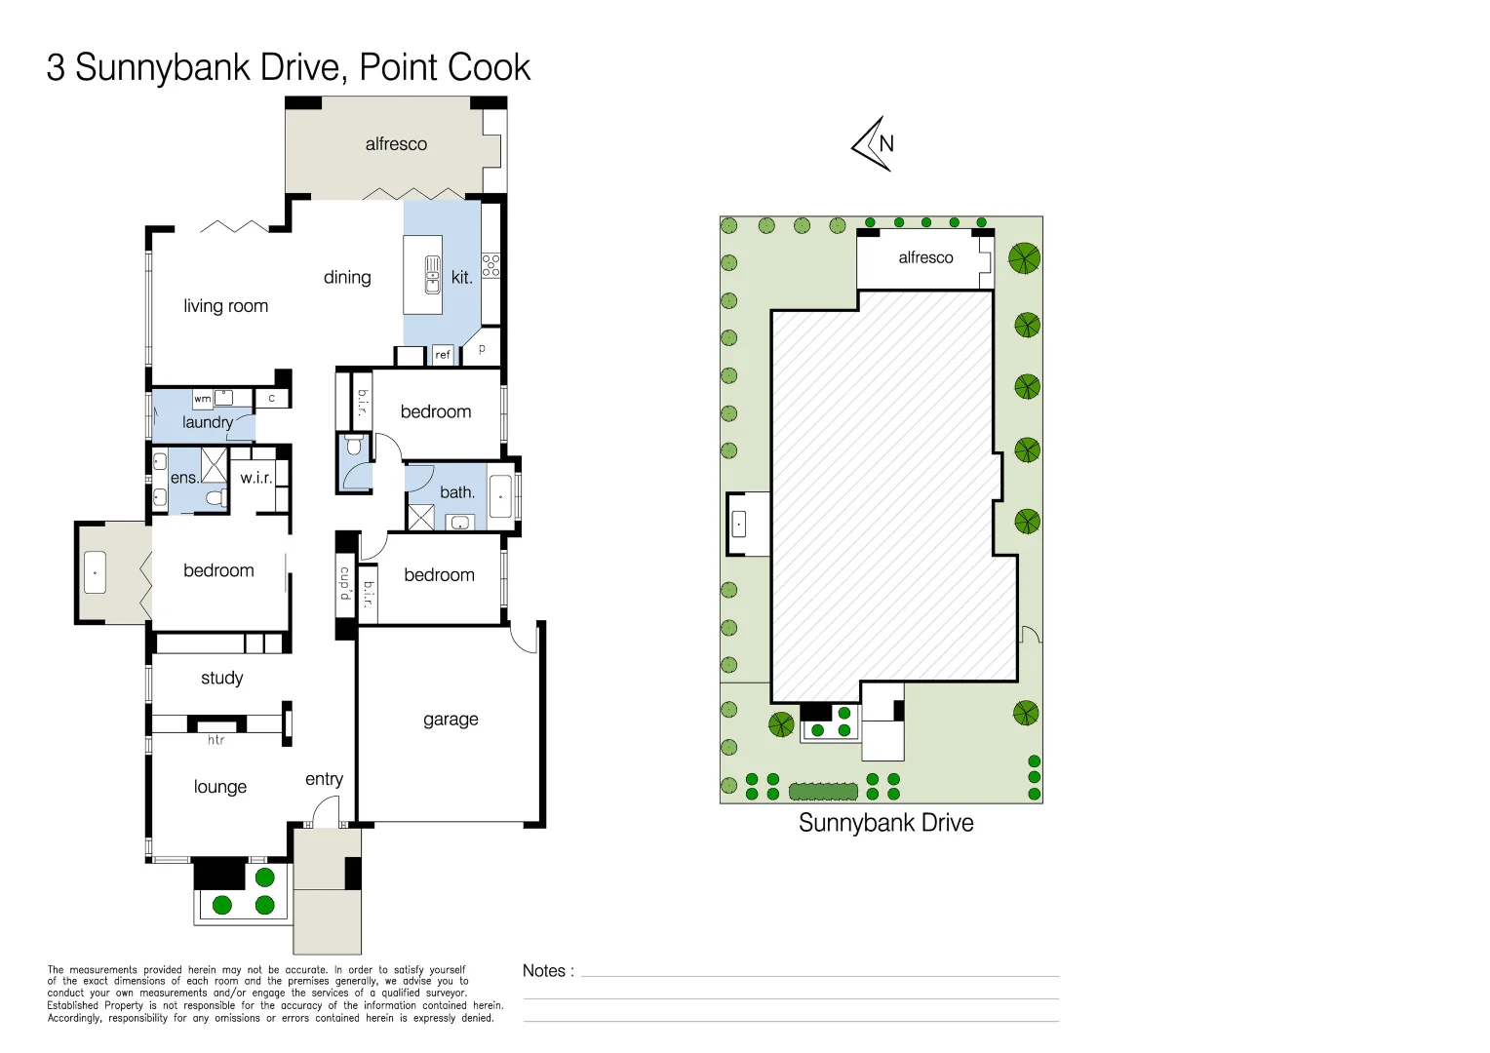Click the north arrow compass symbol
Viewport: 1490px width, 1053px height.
click(875, 144)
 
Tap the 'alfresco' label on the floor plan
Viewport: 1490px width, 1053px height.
click(396, 144)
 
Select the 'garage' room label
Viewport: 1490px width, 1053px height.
click(451, 720)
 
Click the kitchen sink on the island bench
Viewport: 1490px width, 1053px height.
click(432, 275)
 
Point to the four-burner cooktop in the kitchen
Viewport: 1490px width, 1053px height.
click(490, 265)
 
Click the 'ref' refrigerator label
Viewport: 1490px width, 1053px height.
click(443, 355)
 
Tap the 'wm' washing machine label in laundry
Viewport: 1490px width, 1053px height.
click(202, 399)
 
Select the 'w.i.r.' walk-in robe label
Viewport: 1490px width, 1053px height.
click(256, 478)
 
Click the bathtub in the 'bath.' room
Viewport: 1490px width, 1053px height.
click(500, 497)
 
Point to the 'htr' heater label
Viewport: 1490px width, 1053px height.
click(216, 740)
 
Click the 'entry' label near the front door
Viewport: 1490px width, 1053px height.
click(324, 779)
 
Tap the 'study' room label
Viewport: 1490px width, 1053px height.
click(221, 678)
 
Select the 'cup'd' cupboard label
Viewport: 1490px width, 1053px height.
click(344, 584)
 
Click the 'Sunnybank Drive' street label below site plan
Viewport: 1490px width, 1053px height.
click(885, 823)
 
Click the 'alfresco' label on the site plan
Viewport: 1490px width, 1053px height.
click(925, 257)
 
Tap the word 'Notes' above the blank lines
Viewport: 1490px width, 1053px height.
click(544, 971)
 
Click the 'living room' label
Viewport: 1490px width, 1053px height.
click(225, 306)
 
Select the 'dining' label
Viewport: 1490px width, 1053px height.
click(347, 278)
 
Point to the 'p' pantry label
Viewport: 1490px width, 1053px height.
click(482, 348)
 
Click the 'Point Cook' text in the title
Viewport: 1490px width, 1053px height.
click(445, 67)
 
